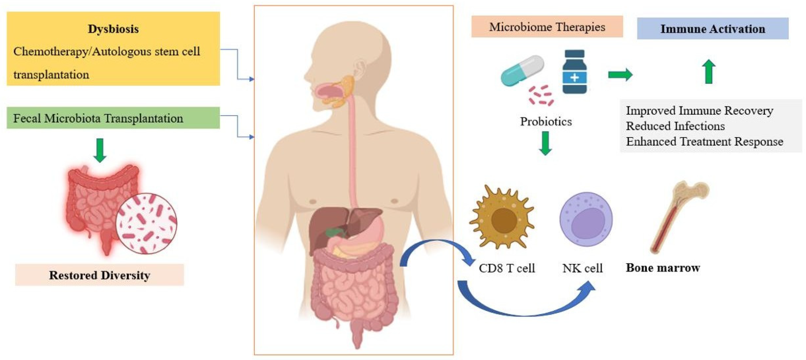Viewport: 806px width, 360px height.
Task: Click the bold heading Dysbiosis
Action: [113, 29]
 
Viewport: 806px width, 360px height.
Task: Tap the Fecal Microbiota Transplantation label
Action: [98, 118]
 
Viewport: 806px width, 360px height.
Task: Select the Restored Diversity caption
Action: [100, 275]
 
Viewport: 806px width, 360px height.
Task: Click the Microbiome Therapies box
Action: [547, 27]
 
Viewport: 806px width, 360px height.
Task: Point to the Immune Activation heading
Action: [713, 29]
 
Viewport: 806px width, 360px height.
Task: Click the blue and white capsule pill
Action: [522, 70]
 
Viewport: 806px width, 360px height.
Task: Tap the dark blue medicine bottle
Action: [574, 72]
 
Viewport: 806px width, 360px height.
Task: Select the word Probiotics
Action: [546, 122]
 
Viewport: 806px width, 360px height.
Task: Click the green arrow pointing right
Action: [620, 75]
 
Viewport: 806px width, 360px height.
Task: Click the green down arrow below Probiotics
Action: [545, 143]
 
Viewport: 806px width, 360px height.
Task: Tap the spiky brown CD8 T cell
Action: [502, 218]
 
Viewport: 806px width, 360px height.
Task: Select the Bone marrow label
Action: [663, 268]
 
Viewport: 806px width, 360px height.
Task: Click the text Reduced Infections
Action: [675, 126]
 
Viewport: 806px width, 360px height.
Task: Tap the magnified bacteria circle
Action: [146, 223]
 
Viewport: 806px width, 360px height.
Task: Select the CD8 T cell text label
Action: [507, 268]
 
